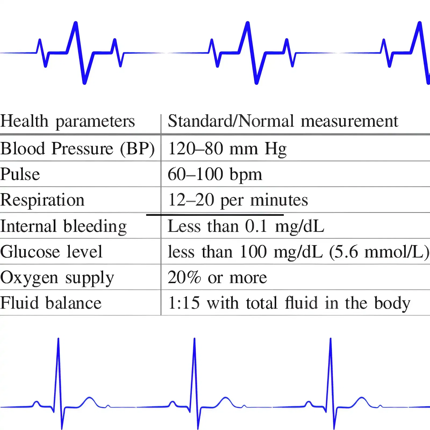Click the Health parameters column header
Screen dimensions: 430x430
click(67, 121)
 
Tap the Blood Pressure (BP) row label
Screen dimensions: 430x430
click(77, 149)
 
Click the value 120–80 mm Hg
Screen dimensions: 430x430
click(227, 149)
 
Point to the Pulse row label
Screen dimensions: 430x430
click(20, 174)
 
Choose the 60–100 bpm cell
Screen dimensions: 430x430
click(215, 174)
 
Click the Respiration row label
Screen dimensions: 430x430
click(42, 200)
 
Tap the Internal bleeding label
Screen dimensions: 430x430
click(63, 226)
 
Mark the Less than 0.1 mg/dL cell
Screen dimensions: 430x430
click(246, 226)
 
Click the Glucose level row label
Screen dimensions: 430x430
click(51, 252)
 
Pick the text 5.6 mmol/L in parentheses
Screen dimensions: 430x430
click(379, 252)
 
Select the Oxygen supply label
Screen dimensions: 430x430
click(57, 278)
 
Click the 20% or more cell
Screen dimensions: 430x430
click(217, 278)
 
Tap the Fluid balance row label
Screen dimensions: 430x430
click(51, 303)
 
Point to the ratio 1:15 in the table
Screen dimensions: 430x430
click(184, 303)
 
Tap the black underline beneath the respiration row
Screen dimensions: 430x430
click(215, 215)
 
